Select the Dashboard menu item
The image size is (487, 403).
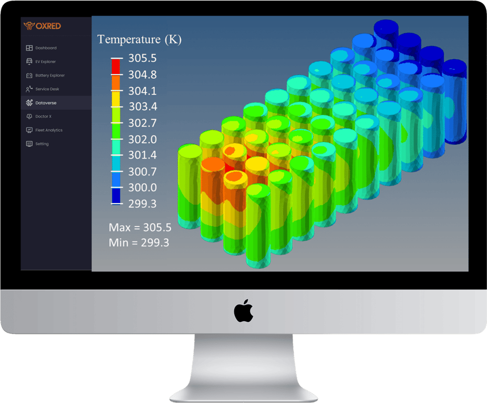[x=46, y=48]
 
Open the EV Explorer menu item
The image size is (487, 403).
[x=45, y=62]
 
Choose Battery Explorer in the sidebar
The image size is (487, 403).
[x=49, y=76]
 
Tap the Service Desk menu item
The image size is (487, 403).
[x=47, y=89]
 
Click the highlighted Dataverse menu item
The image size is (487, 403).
[x=46, y=103]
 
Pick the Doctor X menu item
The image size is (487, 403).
[x=43, y=116]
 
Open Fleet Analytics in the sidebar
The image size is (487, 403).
[x=48, y=130]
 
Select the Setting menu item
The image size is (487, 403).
[x=42, y=144]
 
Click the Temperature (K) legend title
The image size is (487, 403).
[x=139, y=40]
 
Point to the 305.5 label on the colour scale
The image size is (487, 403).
[x=142, y=58]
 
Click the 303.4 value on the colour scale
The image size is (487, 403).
[x=142, y=107]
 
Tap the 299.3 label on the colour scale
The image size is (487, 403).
[x=142, y=204]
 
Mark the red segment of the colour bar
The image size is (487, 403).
[x=116, y=67]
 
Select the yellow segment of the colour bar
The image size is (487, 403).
[x=116, y=99]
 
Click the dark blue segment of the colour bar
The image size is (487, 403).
[x=116, y=196]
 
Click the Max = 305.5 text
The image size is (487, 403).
[x=140, y=228]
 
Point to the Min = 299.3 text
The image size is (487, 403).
[x=139, y=242]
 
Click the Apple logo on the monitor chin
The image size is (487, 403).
[x=243, y=311]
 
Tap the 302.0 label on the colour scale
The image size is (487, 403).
[x=142, y=139]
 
